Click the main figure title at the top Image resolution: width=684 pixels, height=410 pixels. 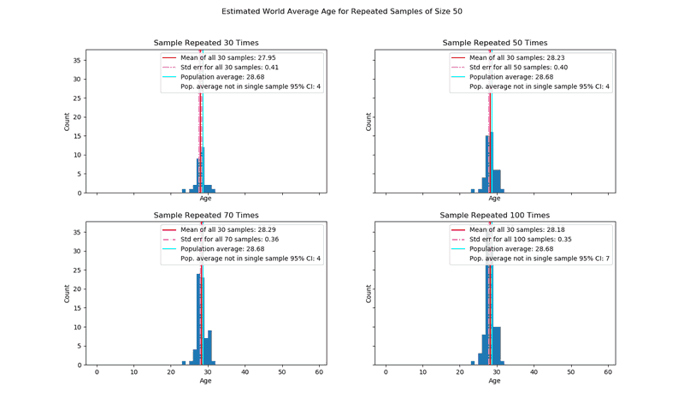[x=342, y=12]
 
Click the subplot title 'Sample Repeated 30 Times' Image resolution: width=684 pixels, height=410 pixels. [x=206, y=43]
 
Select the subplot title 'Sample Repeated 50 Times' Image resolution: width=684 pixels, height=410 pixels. [x=495, y=43]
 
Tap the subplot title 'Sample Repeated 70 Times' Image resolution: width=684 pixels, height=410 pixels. [x=206, y=215]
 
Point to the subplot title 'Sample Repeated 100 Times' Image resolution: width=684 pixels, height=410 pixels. [x=495, y=215]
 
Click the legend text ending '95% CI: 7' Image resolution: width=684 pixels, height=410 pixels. [x=540, y=258]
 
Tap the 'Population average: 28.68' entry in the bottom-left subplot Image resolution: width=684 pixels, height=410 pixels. [x=225, y=249]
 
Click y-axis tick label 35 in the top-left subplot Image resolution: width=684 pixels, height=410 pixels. [x=77, y=60]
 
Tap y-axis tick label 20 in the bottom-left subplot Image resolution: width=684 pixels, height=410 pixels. [x=77, y=289]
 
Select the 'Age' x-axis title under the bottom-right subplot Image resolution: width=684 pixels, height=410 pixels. [x=495, y=381]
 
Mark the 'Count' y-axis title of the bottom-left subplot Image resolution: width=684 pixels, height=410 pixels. [x=68, y=294]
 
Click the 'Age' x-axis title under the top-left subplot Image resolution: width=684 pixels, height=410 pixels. [x=206, y=199]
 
